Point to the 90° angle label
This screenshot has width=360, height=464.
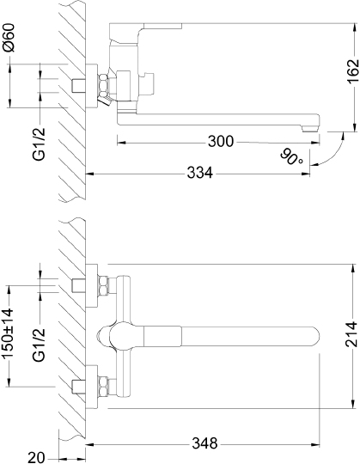tap(290, 156)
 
